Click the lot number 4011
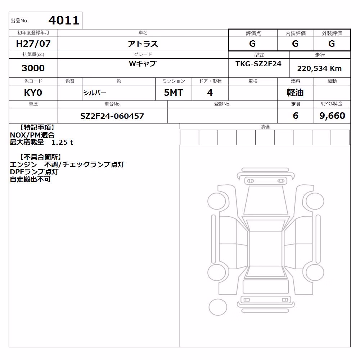pyautogui.click(x=64, y=20)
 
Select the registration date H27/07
pyautogui.click(x=33, y=44)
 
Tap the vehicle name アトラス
pyautogui.click(x=143, y=44)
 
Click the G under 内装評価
pyautogui.click(x=295, y=44)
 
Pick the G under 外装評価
pyautogui.click(x=332, y=44)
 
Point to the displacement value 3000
pyautogui.click(x=33, y=68)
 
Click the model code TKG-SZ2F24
pyautogui.click(x=258, y=64)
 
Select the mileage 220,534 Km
pyautogui.click(x=319, y=68)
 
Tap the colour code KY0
pyautogui.click(x=33, y=93)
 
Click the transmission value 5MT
pyautogui.click(x=174, y=93)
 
